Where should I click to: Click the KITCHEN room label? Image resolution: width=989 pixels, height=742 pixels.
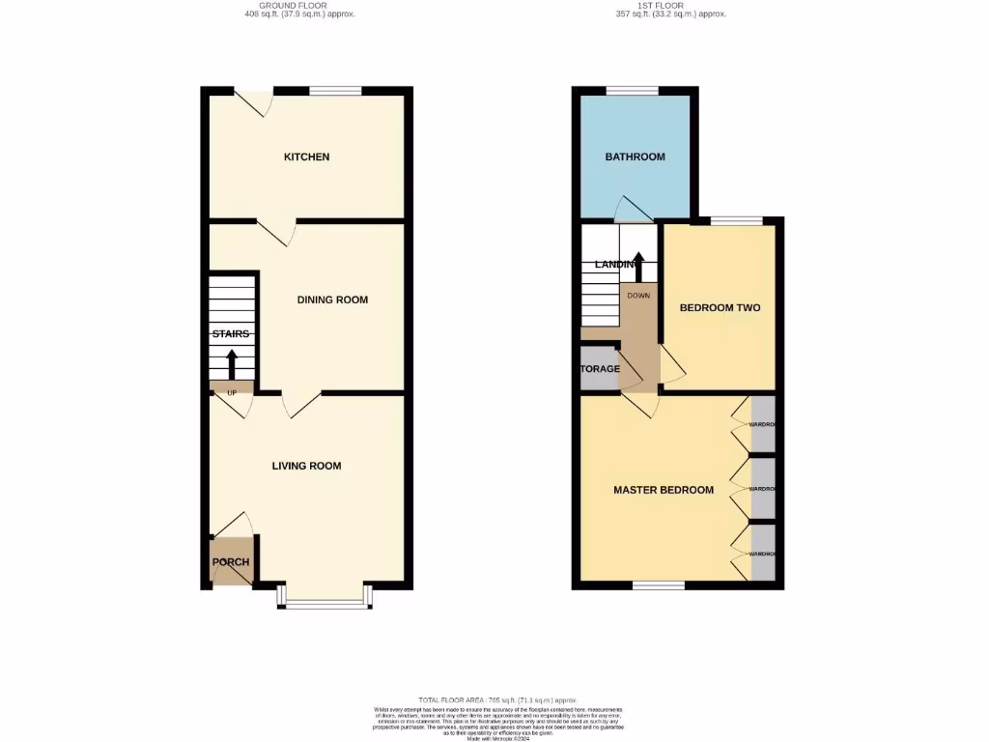(x=306, y=157)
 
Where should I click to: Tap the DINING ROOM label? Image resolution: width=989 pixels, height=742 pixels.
(x=331, y=300)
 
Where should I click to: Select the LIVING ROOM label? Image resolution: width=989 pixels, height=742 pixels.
(x=306, y=466)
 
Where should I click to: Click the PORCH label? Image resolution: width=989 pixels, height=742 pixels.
(x=231, y=562)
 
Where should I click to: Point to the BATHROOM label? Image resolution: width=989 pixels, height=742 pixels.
(x=635, y=157)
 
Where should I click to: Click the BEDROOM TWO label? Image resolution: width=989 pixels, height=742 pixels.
(x=720, y=308)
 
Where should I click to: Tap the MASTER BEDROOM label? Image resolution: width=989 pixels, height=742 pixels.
(x=664, y=490)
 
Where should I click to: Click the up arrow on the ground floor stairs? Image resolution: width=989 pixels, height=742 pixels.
(x=232, y=365)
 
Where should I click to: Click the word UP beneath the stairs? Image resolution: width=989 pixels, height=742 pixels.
(x=232, y=393)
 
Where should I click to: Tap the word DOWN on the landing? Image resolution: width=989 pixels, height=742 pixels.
(x=638, y=296)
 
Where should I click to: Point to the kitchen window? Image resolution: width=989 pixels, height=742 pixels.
(x=335, y=91)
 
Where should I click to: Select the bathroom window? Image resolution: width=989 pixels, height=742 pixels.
(x=633, y=91)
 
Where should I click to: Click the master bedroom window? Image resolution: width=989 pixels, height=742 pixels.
(x=659, y=585)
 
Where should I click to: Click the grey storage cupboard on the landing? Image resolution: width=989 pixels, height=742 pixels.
(x=599, y=369)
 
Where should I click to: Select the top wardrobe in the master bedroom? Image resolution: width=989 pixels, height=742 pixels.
(x=762, y=424)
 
